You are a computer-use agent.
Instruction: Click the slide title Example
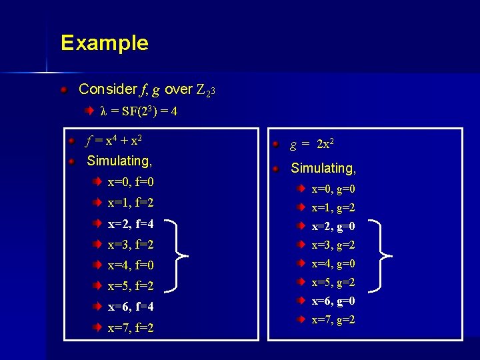point(104,43)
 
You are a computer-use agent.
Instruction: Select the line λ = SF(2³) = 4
point(139,111)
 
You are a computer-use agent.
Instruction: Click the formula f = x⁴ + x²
point(115,141)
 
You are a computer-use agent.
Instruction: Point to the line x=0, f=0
point(131,182)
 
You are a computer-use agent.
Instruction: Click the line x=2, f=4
point(131,223)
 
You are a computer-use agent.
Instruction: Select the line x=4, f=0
point(131,265)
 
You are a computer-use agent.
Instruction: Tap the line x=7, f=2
point(131,328)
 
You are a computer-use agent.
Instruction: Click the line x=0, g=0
point(333,189)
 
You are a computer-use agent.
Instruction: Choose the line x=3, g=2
point(333,245)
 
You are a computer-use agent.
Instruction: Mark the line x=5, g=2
point(333,282)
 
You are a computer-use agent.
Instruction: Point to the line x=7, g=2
point(333,320)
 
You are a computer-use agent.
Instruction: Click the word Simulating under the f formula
point(119,161)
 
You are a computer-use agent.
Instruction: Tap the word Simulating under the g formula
point(323,169)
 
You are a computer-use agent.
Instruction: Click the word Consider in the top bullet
point(105,89)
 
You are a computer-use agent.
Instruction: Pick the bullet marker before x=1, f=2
point(97,202)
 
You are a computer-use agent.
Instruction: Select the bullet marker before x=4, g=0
point(301,263)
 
